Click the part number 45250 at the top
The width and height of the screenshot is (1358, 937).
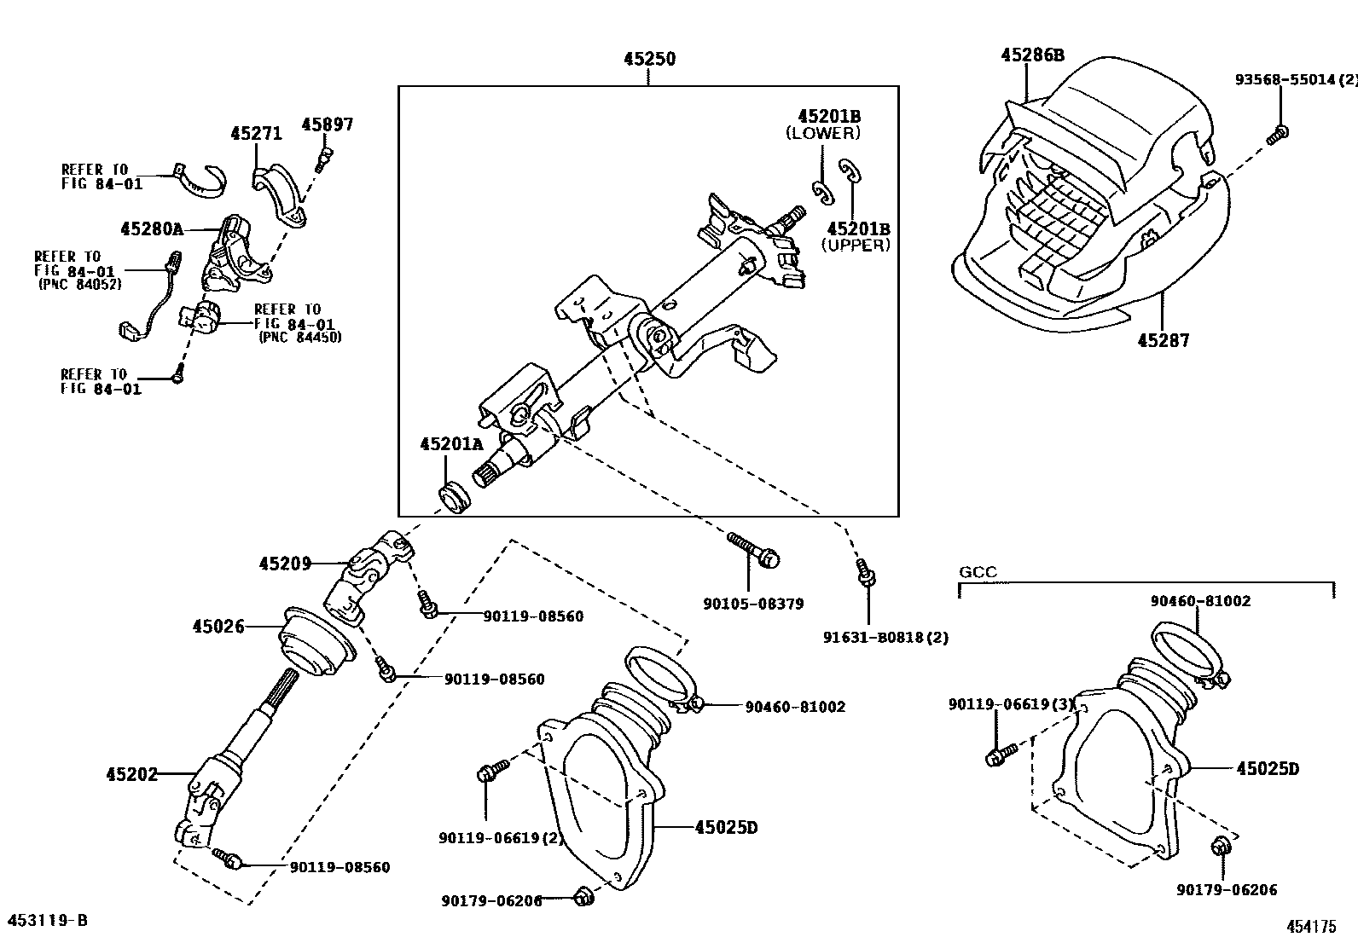pyautogui.click(x=649, y=59)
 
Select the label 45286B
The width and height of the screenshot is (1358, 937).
pyautogui.click(x=1032, y=55)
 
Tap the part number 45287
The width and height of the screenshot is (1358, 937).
pyautogui.click(x=1164, y=341)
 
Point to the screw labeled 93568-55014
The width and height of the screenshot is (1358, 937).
pyautogui.click(x=1277, y=134)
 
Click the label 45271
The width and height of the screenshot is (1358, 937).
pyautogui.click(x=257, y=133)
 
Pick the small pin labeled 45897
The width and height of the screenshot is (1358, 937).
pyautogui.click(x=323, y=159)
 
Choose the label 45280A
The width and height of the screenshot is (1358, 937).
pyautogui.click(x=152, y=228)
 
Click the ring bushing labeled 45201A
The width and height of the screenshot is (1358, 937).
pyautogui.click(x=454, y=499)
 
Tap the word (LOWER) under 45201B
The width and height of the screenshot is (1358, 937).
pyautogui.click(x=822, y=133)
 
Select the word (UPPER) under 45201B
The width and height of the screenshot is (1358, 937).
pyautogui.click(x=856, y=245)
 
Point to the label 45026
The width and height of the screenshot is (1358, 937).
pyautogui.click(x=218, y=626)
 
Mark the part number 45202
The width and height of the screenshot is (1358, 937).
pyautogui.click(x=132, y=774)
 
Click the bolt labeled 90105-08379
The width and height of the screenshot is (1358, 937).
pyautogui.click(x=753, y=550)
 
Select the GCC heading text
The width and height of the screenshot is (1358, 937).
pyautogui.click(x=978, y=571)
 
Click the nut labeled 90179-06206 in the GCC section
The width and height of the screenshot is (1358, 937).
pyautogui.click(x=1221, y=846)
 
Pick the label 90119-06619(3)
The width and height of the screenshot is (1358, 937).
pyautogui.click(x=1012, y=703)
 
